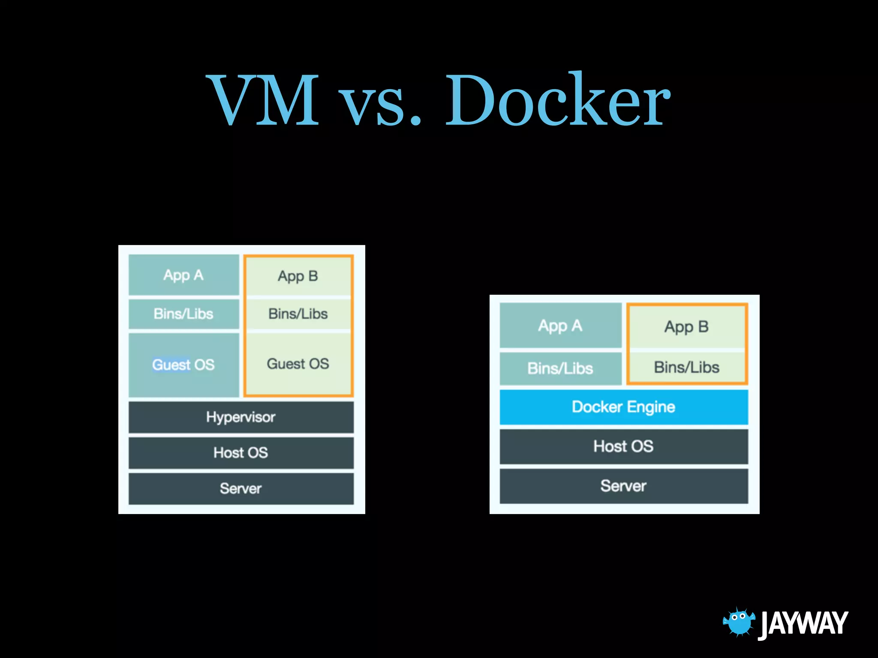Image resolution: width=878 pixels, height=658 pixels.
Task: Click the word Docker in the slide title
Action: pos(557,101)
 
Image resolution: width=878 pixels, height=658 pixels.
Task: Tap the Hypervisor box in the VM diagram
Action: pos(241,417)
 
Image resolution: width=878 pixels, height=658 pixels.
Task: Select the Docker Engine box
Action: pos(623,407)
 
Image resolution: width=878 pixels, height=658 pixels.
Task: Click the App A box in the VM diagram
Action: pos(183,275)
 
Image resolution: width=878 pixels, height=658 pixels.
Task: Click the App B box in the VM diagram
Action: pos(298,276)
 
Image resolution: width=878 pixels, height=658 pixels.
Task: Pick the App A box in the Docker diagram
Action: pos(560,326)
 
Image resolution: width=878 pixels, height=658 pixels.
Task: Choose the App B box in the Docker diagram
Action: pos(686,327)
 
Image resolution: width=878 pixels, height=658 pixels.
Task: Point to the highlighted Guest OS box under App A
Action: pos(183,365)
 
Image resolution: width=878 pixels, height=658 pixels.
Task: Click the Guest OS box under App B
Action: pos(298,364)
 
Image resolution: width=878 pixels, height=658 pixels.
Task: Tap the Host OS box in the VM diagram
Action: pos(241,453)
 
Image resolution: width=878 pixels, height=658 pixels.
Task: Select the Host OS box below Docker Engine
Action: pos(623,446)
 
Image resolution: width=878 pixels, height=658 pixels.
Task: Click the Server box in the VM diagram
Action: pos(241,488)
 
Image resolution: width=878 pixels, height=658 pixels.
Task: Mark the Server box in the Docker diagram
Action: pos(623,486)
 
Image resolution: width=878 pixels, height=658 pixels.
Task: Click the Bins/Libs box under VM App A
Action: pos(183,314)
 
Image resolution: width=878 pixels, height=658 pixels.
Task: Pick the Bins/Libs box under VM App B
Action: pos(298,314)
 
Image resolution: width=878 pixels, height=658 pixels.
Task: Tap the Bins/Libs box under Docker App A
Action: pos(560,368)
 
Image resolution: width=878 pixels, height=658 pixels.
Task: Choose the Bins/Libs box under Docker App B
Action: pos(686,368)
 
